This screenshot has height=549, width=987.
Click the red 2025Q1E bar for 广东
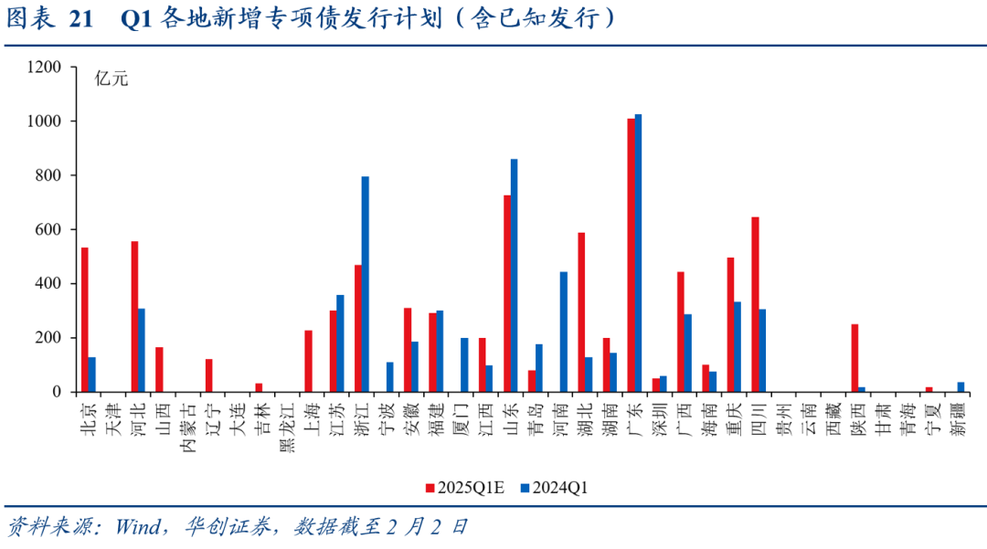click(x=631, y=255)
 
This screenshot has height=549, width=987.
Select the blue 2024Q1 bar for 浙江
click(x=366, y=284)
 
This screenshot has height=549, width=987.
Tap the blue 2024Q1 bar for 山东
click(x=515, y=275)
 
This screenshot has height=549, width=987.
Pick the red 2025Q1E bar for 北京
click(x=85, y=320)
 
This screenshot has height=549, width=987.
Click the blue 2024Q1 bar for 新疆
click(x=960, y=386)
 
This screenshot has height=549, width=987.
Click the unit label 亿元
click(x=111, y=79)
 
